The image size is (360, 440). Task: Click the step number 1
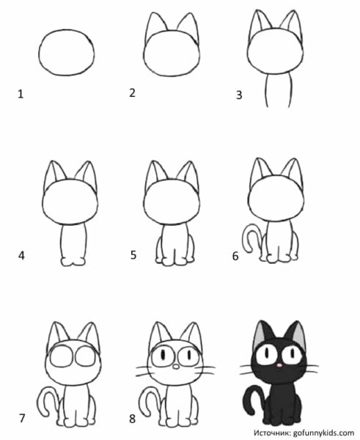(21, 94)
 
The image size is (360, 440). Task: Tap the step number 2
(133, 93)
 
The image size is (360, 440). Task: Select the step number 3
(239, 95)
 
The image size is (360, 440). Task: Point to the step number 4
(21, 256)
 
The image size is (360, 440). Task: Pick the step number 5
(133, 255)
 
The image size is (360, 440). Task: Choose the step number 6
(235, 256)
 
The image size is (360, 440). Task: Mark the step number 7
(22, 418)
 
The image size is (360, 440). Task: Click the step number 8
(133, 419)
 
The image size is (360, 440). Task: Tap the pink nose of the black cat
(279, 365)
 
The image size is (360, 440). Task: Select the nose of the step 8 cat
(176, 366)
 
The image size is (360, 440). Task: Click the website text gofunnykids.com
(323, 433)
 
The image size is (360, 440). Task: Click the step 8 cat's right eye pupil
(189, 355)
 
